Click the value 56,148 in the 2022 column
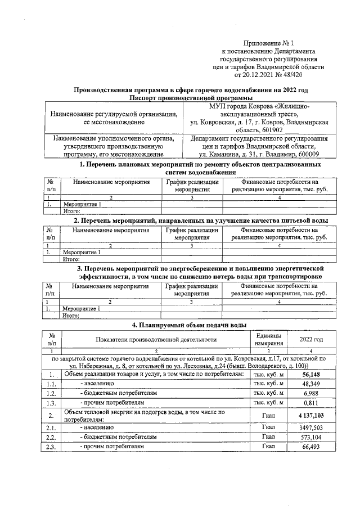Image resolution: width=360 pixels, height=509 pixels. pyautogui.click(x=311, y=374)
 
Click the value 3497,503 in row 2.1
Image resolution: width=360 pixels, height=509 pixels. pyautogui.click(x=311, y=428)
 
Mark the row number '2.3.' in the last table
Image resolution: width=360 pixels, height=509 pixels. pyautogui.click(x=51, y=446)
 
